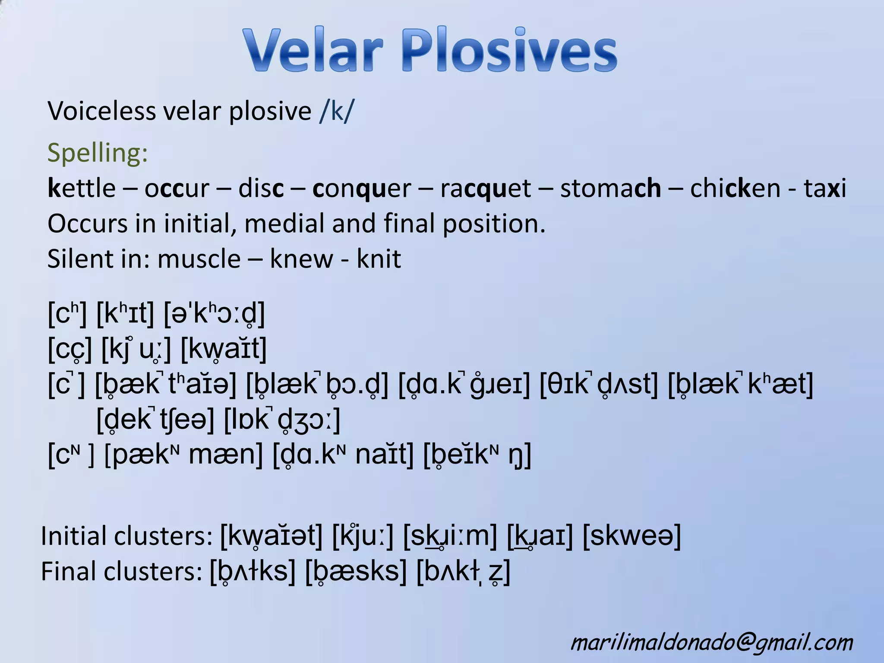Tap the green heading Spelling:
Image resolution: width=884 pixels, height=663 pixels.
pos(98,153)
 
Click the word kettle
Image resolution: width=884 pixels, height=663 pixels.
pos(82,188)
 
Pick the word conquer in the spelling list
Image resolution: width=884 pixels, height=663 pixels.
pos(362,189)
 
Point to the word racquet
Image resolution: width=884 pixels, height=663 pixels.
pos(486,189)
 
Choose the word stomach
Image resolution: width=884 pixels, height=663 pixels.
pos(611,189)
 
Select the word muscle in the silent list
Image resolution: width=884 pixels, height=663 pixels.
pos(199,259)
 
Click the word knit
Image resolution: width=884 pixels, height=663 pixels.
pos(379,259)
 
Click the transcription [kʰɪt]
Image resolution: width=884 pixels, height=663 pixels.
pos(125,313)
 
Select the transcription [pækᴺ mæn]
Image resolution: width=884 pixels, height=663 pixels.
pos(184,455)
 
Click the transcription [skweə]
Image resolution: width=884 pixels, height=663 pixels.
pos(631,536)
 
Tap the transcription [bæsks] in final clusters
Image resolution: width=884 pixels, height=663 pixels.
pos(356,571)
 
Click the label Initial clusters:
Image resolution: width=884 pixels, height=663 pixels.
pos(126,536)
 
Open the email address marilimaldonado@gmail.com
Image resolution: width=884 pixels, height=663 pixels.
pos(712,642)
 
